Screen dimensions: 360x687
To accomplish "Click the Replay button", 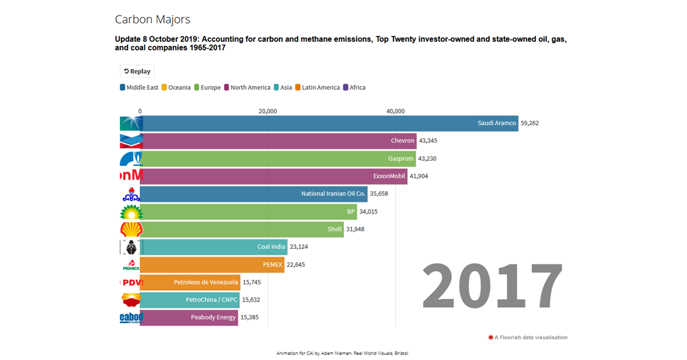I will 137,72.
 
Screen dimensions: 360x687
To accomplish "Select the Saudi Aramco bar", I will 329,123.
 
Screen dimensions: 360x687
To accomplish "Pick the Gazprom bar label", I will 401,159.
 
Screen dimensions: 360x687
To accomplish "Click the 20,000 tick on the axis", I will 267,111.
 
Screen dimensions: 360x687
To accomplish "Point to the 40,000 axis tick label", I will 396,111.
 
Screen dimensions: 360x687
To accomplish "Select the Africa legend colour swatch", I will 346,88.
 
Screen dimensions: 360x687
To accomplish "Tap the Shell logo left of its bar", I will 131,229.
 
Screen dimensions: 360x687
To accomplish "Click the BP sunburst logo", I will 131,212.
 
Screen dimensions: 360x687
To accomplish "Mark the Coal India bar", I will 214,247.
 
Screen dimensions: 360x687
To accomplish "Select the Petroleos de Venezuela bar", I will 190,282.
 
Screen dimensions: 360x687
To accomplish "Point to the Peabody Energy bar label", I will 214,317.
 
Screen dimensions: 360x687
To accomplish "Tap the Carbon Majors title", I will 152,19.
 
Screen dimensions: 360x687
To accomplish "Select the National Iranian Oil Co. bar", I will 253,194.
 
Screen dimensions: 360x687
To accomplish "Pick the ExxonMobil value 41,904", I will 419,176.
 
